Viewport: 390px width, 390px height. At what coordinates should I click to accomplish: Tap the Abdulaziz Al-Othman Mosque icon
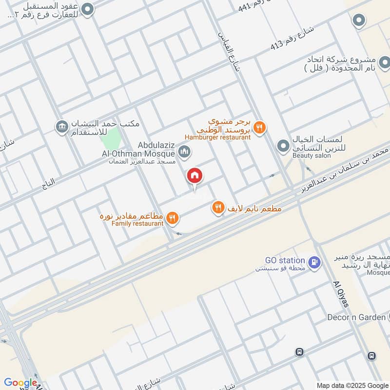(x=184, y=152)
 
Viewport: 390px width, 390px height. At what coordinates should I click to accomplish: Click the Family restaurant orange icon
(x=172, y=218)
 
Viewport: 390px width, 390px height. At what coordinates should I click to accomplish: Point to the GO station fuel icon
(x=314, y=262)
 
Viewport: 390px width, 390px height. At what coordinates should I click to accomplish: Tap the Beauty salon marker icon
(x=283, y=146)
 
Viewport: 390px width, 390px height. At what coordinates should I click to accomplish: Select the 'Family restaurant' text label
(x=137, y=223)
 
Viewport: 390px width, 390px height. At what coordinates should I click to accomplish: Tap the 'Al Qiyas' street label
(x=342, y=295)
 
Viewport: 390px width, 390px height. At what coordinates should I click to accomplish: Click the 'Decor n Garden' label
(x=356, y=317)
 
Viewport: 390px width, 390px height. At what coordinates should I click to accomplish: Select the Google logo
(x=20, y=383)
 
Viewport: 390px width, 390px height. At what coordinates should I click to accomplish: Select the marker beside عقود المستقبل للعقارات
(x=88, y=9)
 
